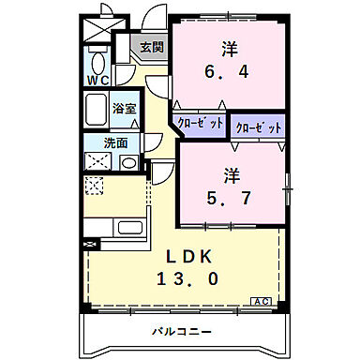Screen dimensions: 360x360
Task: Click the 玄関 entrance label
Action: tap(152, 46)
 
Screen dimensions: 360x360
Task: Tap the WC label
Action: tap(97, 81)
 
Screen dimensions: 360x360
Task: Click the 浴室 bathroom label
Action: tap(125, 109)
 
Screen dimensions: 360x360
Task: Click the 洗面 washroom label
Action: tap(115, 143)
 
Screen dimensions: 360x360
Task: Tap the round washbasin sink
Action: tap(128, 163)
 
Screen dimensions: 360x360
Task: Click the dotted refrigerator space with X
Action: tap(94, 186)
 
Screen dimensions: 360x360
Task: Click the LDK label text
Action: tap(195, 257)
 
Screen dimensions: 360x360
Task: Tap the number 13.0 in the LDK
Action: tap(195, 278)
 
